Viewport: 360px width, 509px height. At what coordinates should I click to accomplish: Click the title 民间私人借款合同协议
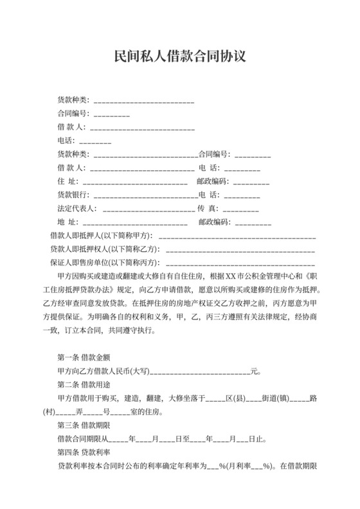(179, 57)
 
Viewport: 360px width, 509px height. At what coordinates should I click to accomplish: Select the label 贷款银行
(72, 195)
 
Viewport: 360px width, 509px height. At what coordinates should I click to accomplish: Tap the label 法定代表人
(76, 208)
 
